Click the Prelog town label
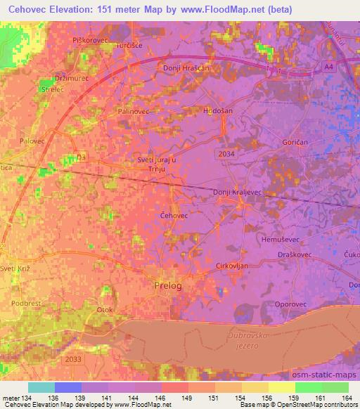pos(167,285)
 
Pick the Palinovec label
pos(135,111)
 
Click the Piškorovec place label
pos(89,41)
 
